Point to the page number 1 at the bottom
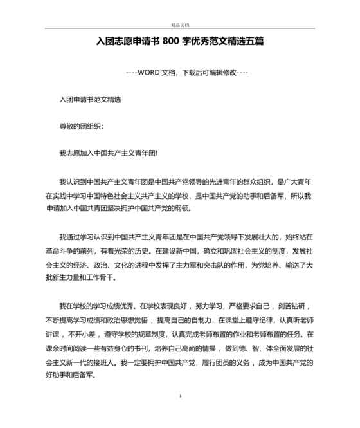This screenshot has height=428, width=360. [181, 395]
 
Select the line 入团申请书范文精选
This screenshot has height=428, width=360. [90, 100]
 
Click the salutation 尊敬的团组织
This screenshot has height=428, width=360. [80, 126]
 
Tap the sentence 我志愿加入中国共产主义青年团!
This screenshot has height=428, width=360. [108, 153]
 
